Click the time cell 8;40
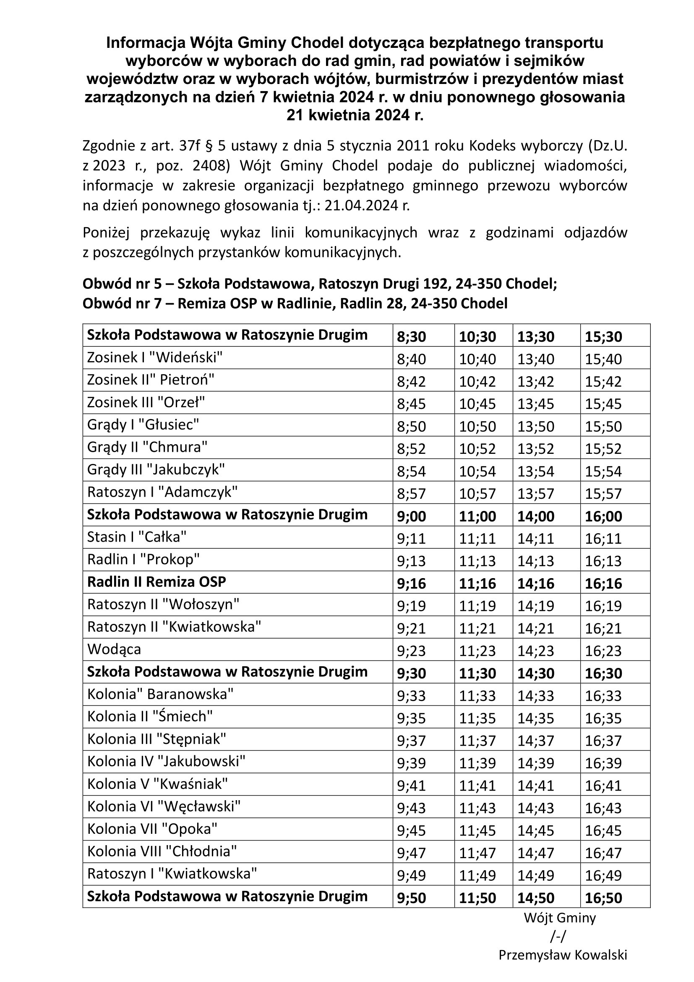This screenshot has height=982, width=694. [x=411, y=359]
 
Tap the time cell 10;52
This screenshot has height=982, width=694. [x=477, y=449]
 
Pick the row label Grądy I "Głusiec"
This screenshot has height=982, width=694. [x=143, y=425]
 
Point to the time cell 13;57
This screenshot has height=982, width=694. [x=536, y=494]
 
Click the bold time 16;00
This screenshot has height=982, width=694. [x=603, y=516]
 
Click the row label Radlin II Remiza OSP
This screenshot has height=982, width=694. [x=157, y=581]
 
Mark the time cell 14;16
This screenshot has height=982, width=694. [x=536, y=584]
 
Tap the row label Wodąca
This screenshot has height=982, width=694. [x=114, y=649]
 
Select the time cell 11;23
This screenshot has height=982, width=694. [x=477, y=651]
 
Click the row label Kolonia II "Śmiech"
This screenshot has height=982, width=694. [x=150, y=716]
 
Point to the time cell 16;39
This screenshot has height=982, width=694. [x=603, y=763]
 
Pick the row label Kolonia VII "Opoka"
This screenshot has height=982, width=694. [x=152, y=829]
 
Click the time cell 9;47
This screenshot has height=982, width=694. [x=411, y=853]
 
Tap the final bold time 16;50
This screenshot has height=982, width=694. [x=603, y=898]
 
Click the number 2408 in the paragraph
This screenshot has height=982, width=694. [x=207, y=166]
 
